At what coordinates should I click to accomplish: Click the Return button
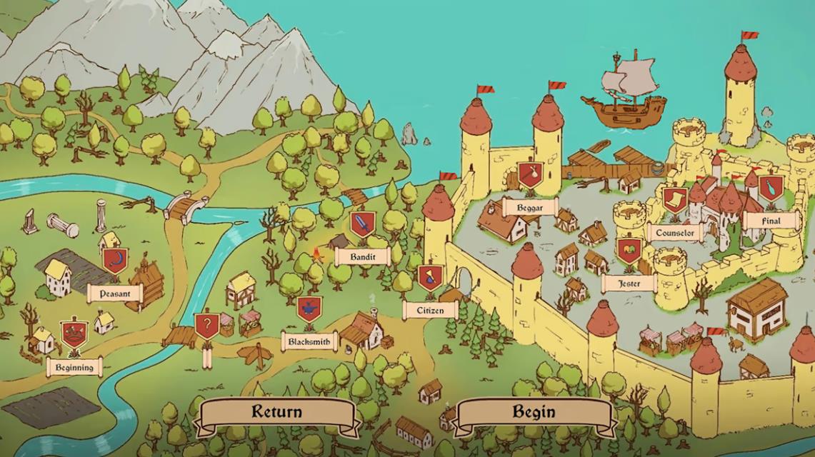pyautogui.click(x=276, y=412)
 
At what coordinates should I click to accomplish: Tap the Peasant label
pyautogui.click(x=115, y=293)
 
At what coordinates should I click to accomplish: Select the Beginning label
pyautogui.click(x=74, y=367)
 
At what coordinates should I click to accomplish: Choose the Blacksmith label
pyautogui.click(x=309, y=341)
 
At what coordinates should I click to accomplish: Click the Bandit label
pyautogui.click(x=362, y=256)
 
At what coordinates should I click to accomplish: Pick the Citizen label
pyautogui.click(x=429, y=310)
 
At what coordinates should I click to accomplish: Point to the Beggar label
pyautogui.click(x=530, y=208)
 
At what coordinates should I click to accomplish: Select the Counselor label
pyautogui.click(x=674, y=232)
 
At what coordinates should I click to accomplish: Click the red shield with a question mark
pyautogui.click(x=207, y=326)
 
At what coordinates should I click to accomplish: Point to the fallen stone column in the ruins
pyautogui.click(x=63, y=225)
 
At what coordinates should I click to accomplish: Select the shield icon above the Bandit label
pyautogui.click(x=363, y=224)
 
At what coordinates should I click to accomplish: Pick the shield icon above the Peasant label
pyautogui.click(x=114, y=261)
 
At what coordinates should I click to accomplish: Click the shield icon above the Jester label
pyautogui.click(x=629, y=251)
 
